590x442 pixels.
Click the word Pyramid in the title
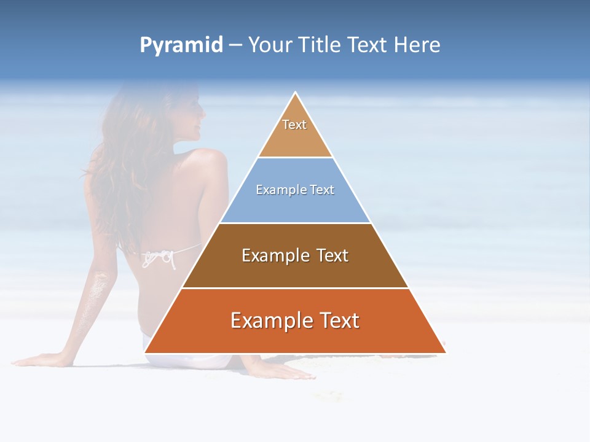[181, 45]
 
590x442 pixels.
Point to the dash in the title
[235, 45]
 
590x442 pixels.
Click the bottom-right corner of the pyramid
[446, 352]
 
